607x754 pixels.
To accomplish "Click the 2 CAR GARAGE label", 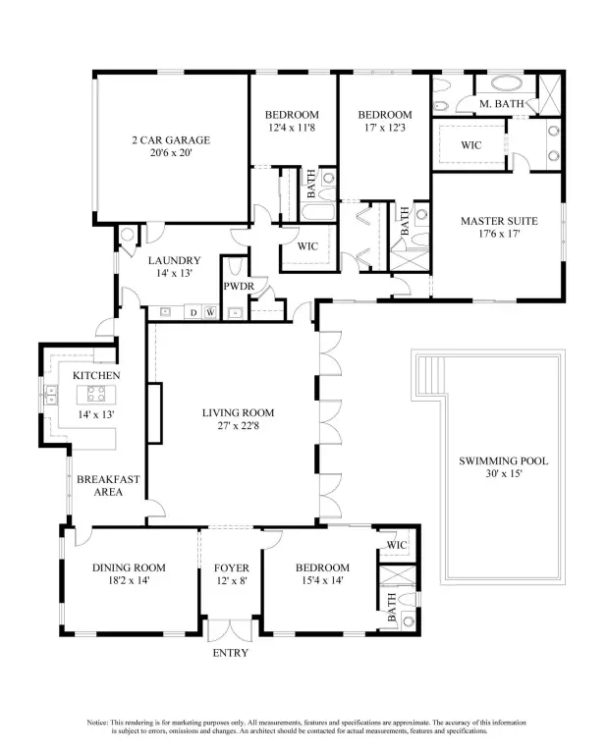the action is [171, 140].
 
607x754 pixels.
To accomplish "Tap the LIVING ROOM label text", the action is [238, 412].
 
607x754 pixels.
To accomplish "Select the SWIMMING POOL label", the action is [504, 460].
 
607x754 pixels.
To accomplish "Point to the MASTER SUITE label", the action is [499, 221].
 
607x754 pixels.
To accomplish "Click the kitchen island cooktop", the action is [96, 395].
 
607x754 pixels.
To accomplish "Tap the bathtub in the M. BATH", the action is [507, 82].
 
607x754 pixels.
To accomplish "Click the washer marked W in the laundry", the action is [210, 312].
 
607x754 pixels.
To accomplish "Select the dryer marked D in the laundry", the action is [193, 312].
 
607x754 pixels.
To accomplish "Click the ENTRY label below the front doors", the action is [231, 653].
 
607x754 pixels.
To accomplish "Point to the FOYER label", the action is [232, 567].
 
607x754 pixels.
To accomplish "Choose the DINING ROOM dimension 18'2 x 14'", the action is [129, 580].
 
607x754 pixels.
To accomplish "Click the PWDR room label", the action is [239, 287].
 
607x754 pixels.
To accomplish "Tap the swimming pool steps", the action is [430, 376].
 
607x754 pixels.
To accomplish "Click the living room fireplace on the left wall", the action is [154, 413].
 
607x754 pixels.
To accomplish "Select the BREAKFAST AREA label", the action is [108, 486].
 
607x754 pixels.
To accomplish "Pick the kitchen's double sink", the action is [50, 395].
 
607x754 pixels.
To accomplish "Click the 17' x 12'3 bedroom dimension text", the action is [385, 128].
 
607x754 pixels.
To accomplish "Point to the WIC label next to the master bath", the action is [470, 145].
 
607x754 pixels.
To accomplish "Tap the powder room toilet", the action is [235, 267].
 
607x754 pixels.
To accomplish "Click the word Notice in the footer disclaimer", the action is [97, 723].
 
